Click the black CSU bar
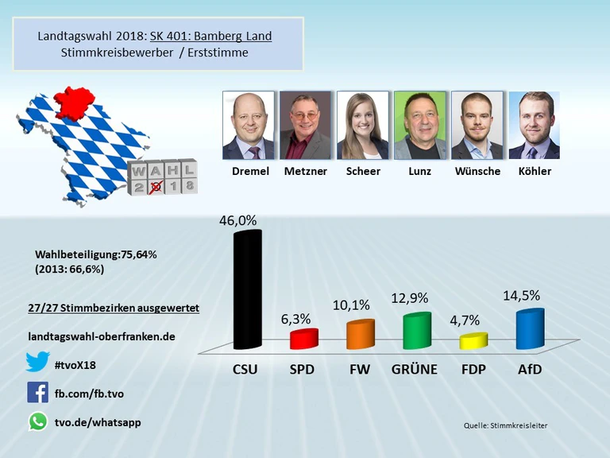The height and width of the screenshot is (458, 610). click(246, 290)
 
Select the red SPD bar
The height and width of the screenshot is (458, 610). click(303, 339)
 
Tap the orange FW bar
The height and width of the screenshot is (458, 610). click(360, 334)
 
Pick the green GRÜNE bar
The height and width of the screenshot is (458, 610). click(417, 331)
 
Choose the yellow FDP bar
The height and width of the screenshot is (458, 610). click(473, 341)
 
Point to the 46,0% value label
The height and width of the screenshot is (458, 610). click(238, 220)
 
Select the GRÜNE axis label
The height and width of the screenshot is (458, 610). click(416, 369)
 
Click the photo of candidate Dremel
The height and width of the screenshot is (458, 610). click(248, 126)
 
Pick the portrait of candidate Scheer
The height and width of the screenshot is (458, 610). click(363, 126)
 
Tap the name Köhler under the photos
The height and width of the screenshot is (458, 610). click(534, 171)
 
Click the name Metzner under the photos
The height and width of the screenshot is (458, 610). click(305, 171)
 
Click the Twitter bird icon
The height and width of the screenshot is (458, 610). click(37, 362)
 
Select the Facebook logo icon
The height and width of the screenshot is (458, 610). click(37, 392)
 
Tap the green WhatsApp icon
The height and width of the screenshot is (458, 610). click(37, 421)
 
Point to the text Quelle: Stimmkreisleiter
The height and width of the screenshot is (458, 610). click(505, 425)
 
